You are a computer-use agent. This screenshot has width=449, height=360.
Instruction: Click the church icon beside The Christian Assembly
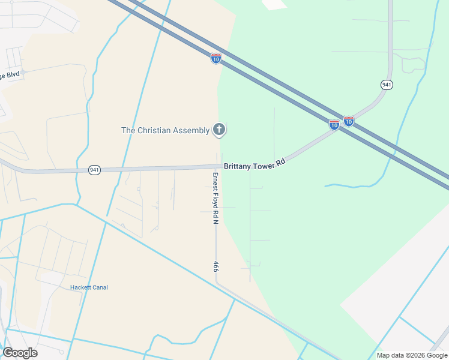click(219, 130)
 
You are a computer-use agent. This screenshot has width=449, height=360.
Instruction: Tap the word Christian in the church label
click(156, 130)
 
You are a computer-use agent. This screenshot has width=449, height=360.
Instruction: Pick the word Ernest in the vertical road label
click(215, 182)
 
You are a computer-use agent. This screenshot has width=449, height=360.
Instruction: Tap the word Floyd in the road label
click(215, 202)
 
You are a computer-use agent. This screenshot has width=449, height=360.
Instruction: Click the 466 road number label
click(215, 266)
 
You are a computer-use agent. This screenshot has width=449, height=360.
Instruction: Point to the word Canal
click(100, 287)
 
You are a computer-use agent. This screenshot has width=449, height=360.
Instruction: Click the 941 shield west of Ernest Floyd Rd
click(94, 170)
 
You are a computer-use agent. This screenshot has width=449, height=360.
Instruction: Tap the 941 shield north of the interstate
click(387, 85)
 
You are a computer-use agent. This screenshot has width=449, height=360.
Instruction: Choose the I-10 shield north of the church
click(216, 58)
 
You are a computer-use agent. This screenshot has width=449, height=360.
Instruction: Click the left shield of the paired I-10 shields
click(334, 124)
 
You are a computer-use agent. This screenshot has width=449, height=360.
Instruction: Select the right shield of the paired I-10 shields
click(348, 121)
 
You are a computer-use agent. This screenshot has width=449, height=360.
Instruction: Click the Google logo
click(20, 353)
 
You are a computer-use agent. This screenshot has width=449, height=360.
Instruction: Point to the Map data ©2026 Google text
click(412, 355)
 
